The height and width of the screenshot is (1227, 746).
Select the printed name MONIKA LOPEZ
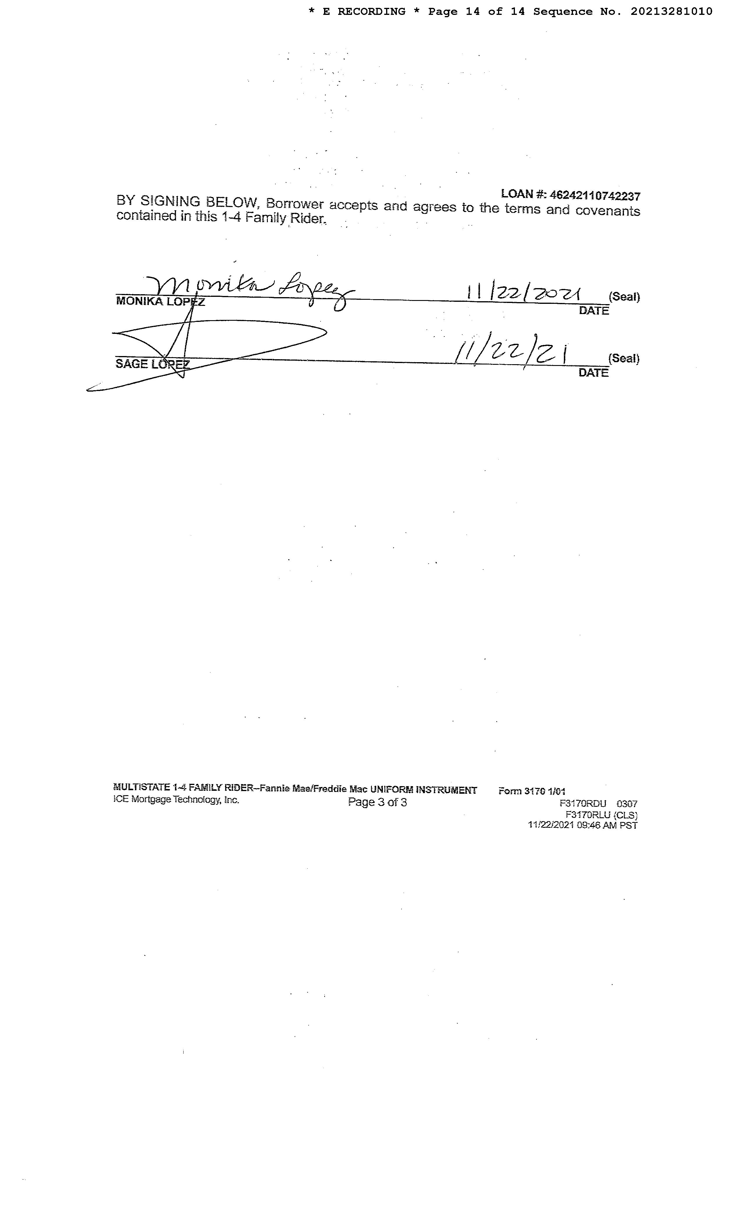160,301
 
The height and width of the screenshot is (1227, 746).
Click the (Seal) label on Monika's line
624,297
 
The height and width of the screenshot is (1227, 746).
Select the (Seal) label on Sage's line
624,359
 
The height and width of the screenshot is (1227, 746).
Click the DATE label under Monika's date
594,311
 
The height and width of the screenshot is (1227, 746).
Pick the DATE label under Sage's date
593,372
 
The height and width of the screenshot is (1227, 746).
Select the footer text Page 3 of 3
377,802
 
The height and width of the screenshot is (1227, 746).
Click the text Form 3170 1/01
532,791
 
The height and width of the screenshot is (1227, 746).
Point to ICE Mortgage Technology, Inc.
176,800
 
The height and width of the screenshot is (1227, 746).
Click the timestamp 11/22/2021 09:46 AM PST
582,825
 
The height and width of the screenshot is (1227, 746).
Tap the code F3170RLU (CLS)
601,815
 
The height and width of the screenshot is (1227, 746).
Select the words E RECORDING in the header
364,11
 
